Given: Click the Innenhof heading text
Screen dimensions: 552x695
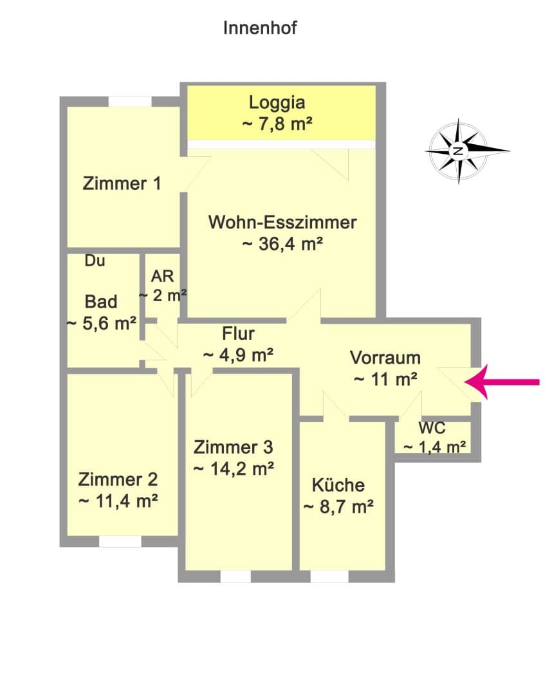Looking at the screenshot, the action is (x=260, y=28).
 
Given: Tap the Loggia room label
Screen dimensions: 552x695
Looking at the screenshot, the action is (x=277, y=102).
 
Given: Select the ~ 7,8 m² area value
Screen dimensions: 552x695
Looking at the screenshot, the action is (x=277, y=124).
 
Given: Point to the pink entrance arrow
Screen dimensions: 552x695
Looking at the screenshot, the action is (x=502, y=382).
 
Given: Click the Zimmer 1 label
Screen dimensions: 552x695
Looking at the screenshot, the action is (x=122, y=183).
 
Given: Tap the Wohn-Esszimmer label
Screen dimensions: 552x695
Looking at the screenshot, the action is (x=282, y=222).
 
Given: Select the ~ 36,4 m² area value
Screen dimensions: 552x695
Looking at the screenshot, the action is (x=282, y=244).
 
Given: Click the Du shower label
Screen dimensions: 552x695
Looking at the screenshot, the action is (x=95, y=261).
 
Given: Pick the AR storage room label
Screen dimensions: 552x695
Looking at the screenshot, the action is (x=163, y=276).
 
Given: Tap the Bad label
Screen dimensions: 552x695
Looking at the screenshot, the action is (x=101, y=302).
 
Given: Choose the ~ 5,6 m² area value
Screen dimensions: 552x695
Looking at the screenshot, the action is (x=102, y=324).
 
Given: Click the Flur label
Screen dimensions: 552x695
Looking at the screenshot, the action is (x=238, y=333).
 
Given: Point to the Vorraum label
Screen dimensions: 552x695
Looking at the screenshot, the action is (x=385, y=358).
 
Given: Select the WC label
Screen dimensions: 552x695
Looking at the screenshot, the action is (x=432, y=428).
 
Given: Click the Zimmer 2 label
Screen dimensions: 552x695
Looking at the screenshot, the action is (x=118, y=479).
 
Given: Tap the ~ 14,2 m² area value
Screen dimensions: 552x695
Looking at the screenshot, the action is (x=234, y=468).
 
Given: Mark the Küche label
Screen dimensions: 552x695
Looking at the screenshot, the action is (x=338, y=485).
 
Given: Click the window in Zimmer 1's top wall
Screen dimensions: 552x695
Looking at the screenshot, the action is (x=130, y=102).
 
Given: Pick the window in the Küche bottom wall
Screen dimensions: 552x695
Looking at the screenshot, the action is (x=329, y=576).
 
